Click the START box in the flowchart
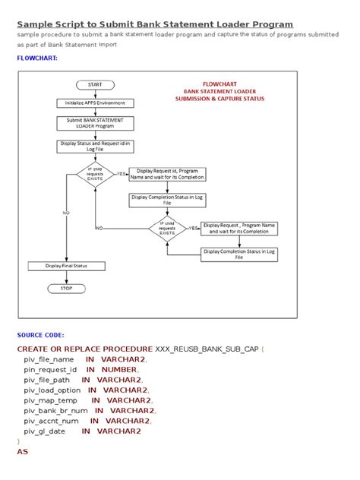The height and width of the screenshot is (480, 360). click(x=95, y=84)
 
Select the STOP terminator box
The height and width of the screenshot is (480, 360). click(x=67, y=289)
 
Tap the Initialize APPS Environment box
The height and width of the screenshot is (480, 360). click(x=95, y=103)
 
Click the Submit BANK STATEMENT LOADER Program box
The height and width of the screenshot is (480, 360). click(x=95, y=123)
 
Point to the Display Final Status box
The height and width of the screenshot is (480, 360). click(x=67, y=266)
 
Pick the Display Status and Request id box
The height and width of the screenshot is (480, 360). click(x=95, y=146)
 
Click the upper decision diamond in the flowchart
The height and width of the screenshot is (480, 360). click(x=95, y=174)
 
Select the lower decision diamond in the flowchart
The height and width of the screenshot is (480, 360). click(x=167, y=227)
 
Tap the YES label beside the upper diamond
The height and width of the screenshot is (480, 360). click(x=120, y=174)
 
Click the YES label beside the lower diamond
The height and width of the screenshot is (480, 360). click(x=193, y=227)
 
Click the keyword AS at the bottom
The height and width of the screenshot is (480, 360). click(x=22, y=451)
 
